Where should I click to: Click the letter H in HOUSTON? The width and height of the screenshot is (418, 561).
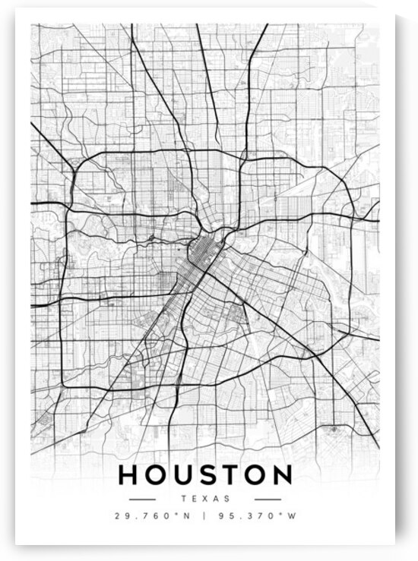pyautogui.click(x=128, y=475)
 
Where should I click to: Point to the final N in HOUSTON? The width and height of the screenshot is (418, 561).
pyautogui.click(x=280, y=475)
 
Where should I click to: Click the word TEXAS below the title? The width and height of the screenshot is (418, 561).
pyautogui.click(x=205, y=499)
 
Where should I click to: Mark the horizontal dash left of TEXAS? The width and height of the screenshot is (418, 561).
pyautogui.click(x=142, y=500)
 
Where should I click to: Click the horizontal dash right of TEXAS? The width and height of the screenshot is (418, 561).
pyautogui.click(x=268, y=500)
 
